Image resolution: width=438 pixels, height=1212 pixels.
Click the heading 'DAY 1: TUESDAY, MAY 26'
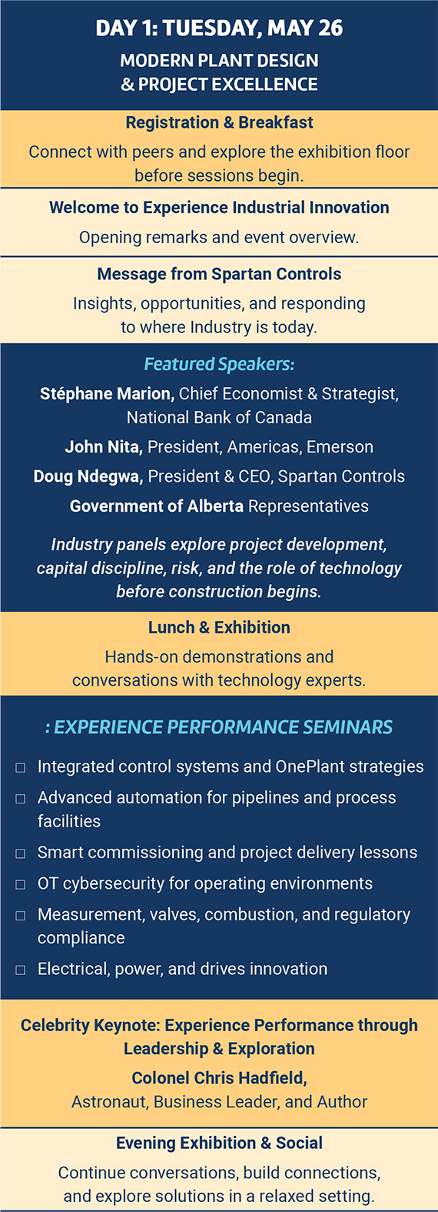tap(219, 28)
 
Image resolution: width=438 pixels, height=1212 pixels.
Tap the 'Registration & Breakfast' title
tap(219, 122)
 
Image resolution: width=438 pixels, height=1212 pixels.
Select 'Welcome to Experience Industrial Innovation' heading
tap(219, 207)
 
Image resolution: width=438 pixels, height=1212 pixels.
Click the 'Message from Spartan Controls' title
tap(219, 274)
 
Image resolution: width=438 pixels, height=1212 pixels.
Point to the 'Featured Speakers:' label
tap(219, 364)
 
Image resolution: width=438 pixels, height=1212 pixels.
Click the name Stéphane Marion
tap(107, 393)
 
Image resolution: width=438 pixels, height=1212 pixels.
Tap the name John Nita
tap(104, 447)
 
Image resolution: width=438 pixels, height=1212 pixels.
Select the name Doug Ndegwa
tap(88, 476)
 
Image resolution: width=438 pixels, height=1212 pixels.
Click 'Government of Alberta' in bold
tap(157, 506)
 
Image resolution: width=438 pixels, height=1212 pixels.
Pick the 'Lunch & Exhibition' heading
tap(219, 627)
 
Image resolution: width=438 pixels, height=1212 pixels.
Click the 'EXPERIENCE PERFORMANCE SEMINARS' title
tap(223, 726)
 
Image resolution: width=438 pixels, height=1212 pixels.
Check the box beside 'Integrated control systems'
tap(21, 767)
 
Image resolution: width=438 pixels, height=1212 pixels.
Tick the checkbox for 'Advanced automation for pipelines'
tap(21, 798)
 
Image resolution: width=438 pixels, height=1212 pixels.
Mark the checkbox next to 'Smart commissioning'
tap(21, 853)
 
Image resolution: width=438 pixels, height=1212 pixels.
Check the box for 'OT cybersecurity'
tap(21, 884)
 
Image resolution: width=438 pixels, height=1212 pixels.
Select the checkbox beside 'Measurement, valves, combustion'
tap(21, 915)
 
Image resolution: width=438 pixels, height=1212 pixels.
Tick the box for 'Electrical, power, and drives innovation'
tap(21, 970)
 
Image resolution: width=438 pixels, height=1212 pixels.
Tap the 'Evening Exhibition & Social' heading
tap(219, 1143)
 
